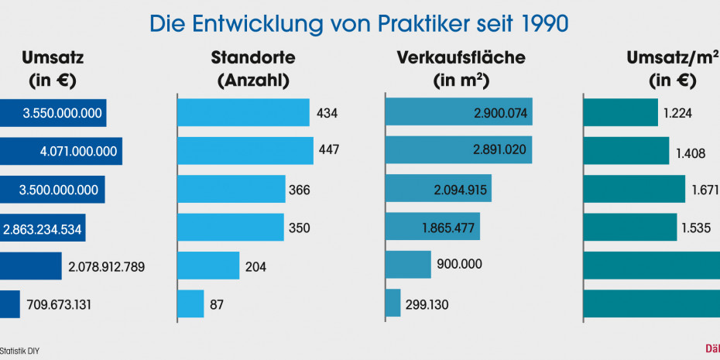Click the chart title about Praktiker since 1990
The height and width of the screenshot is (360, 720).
(359, 23)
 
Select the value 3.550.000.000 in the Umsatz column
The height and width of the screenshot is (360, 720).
(63, 113)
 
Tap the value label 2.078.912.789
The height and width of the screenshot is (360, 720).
(107, 266)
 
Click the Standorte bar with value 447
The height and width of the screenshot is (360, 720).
(245, 150)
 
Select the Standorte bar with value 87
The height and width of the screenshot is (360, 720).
(190, 304)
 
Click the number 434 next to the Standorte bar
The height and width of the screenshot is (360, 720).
(327, 113)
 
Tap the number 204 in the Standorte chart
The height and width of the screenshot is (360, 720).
(255, 266)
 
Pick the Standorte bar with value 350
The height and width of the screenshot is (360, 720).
(231, 228)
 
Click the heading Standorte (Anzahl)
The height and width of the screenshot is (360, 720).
(252, 69)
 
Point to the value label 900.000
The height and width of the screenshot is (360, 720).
(460, 265)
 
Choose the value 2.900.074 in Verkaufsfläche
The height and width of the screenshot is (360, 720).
(500, 113)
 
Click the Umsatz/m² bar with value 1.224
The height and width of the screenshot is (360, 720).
(620, 113)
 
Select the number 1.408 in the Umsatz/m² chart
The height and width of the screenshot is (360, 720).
(691, 153)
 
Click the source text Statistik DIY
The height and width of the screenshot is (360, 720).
(19, 351)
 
